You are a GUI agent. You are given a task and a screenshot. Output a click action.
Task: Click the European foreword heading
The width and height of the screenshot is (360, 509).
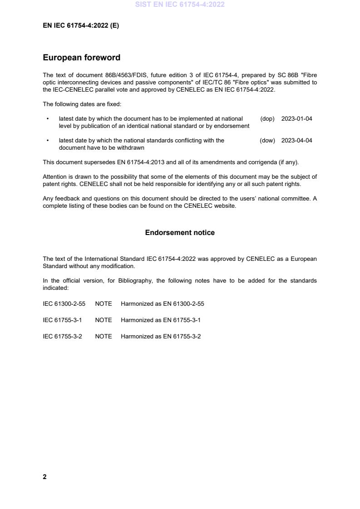click(81, 58)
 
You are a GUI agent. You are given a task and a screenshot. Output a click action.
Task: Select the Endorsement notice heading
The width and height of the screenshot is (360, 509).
click(180, 233)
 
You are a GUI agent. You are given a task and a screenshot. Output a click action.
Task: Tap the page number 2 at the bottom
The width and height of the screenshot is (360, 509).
click(44, 477)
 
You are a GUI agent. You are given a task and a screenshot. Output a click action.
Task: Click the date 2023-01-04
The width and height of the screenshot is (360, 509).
click(296, 119)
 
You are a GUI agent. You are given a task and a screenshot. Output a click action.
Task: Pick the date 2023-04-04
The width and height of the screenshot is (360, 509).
click(296, 141)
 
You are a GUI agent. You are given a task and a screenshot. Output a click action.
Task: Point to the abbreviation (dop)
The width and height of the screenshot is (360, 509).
click(267, 119)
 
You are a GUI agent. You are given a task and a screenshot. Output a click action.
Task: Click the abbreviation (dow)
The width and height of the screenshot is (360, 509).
click(267, 141)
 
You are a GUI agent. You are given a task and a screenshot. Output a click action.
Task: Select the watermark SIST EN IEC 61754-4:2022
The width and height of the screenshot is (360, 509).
click(180, 5)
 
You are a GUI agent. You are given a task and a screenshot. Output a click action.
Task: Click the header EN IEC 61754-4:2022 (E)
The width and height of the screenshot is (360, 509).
click(81, 26)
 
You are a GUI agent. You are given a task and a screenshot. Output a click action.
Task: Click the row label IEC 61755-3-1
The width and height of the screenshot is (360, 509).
click(62, 320)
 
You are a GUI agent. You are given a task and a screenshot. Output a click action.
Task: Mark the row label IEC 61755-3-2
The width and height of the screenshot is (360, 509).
click(62, 337)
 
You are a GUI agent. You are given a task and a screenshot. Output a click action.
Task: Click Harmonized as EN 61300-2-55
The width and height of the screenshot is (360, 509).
click(162, 304)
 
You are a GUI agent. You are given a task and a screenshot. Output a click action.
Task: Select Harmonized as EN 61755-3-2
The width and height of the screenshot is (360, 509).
click(160, 337)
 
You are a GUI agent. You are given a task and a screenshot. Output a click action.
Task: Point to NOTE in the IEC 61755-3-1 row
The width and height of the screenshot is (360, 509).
click(103, 320)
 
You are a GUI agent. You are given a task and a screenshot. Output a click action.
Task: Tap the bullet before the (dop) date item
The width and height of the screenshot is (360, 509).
click(48, 119)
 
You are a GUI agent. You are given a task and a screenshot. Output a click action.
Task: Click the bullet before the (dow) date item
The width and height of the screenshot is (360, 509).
click(48, 141)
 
